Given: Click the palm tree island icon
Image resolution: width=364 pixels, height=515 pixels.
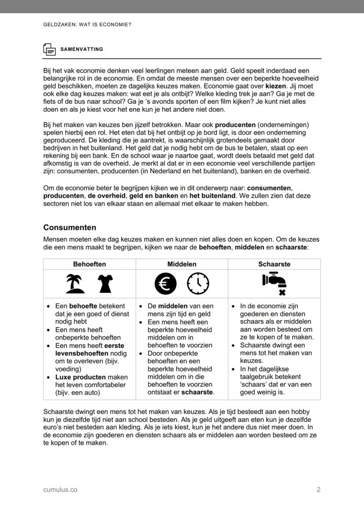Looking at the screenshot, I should [75, 284].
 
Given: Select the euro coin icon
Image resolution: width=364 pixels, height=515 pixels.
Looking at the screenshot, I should [165, 284].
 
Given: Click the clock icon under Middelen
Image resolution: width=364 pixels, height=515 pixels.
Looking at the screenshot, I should [198, 284].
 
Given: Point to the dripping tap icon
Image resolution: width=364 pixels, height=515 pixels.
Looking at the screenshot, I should [274, 284].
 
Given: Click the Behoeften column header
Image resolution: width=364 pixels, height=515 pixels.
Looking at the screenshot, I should [89, 264].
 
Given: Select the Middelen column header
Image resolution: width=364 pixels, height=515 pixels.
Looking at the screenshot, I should [182, 264].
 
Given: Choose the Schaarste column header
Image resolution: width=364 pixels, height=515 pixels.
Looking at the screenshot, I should [274, 264].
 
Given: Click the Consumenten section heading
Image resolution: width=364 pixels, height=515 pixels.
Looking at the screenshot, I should [69, 227].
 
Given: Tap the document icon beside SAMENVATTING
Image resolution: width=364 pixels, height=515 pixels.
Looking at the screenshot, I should [49, 49].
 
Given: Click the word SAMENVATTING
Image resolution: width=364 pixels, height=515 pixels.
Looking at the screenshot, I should [81, 49].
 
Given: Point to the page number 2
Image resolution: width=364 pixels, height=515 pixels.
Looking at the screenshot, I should [318, 489].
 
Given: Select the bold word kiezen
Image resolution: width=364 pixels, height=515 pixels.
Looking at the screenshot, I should [276, 86].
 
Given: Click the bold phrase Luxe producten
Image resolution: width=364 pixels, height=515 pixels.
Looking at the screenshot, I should [80, 377].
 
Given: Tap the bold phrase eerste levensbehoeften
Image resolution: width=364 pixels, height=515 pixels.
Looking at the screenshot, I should [84, 350].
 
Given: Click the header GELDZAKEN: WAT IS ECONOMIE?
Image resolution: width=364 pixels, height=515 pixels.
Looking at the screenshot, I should [87, 25].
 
